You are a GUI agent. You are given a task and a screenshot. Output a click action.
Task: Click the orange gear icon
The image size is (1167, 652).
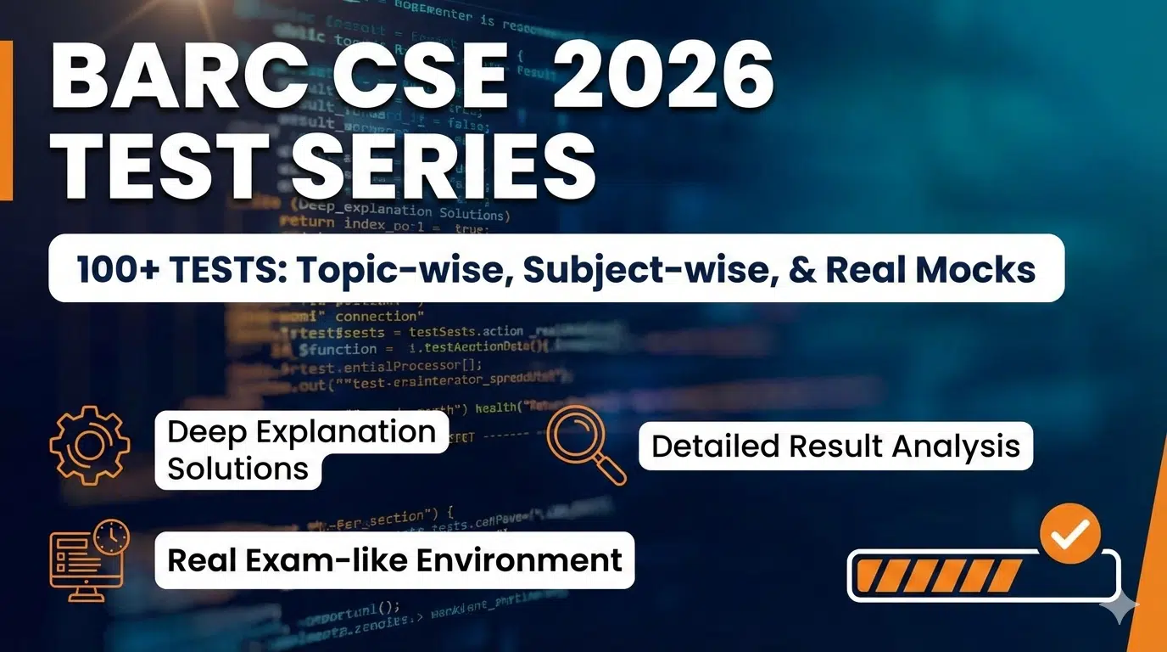point(90,445)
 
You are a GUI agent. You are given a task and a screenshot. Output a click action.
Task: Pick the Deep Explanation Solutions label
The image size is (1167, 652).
point(301,450)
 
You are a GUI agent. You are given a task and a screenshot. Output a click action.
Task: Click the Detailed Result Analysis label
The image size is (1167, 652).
point(835,447)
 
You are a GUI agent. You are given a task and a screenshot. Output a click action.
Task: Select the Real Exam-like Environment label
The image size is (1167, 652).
point(394,560)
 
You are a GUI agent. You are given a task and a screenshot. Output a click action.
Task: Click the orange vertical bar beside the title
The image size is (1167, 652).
point(6,120)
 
